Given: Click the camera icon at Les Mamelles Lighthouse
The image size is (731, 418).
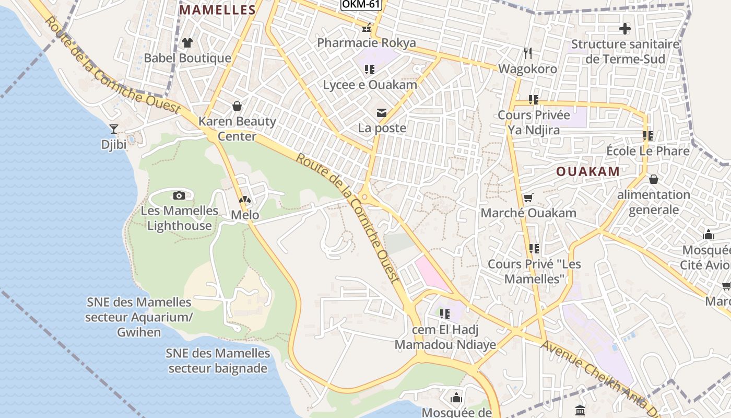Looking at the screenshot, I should [x=179, y=195].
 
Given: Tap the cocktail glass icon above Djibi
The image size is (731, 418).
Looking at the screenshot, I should [x=114, y=129].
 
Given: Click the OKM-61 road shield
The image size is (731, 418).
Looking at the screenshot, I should [x=361, y=5].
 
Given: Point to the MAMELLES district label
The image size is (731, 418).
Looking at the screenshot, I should [x=218, y=10].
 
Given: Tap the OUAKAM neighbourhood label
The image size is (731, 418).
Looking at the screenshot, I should [x=587, y=171].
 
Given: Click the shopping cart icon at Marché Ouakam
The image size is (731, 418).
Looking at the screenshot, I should [x=528, y=198].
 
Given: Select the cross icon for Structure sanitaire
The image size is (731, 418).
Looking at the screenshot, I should [x=624, y=29].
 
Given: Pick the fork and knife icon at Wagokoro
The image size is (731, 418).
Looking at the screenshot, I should [x=528, y=53].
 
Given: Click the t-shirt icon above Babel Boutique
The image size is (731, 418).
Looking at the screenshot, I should [x=187, y=43].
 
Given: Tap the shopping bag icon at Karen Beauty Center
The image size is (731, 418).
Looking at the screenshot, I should [x=237, y=106].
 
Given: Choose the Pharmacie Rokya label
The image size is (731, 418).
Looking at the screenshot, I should [x=367, y=43].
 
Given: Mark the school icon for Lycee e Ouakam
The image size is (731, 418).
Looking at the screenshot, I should [x=370, y=69].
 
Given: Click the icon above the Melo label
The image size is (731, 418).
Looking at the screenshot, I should [x=244, y=200].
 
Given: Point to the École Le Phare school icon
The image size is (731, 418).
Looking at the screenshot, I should [x=648, y=136].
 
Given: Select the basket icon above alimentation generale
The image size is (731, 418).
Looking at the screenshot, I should [x=653, y=179].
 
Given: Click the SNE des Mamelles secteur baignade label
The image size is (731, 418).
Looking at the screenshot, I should [x=218, y=361].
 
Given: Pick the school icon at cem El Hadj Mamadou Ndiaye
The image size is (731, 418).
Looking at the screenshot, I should [x=445, y=314].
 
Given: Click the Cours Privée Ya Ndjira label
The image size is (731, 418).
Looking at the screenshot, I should [x=534, y=122].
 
